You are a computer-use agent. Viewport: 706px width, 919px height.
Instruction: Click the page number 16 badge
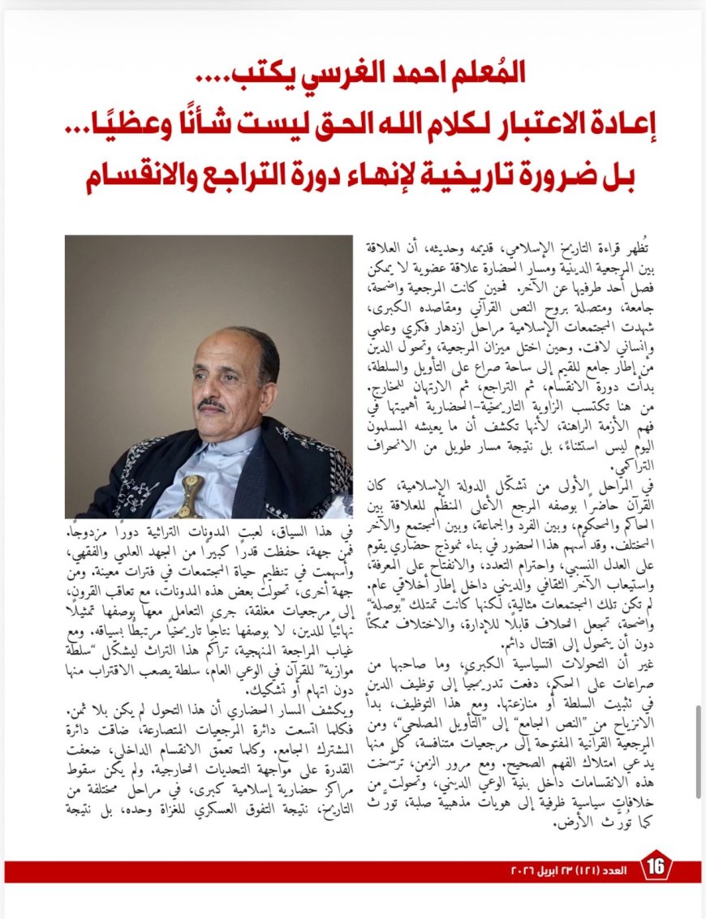click(x=656, y=867)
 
